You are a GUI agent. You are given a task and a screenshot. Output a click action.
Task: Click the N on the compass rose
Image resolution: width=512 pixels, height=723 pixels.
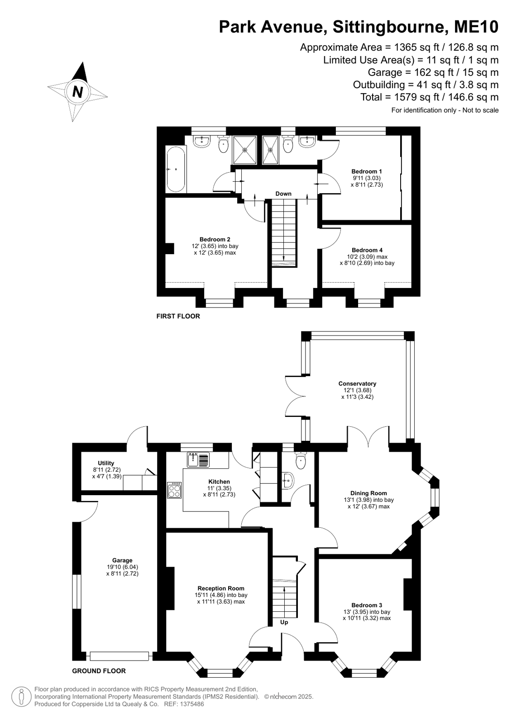[77, 92]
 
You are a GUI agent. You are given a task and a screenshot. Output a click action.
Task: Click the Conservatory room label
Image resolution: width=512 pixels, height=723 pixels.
[357, 383]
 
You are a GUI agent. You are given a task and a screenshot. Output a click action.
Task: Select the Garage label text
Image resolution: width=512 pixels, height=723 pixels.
[122, 560]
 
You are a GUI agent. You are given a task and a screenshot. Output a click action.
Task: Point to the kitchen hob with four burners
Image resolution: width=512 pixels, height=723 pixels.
[175, 490]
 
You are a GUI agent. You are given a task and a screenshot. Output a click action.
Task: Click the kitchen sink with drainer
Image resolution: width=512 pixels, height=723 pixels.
[198, 460]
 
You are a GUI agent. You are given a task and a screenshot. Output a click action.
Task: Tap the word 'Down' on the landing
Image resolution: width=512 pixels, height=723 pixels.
[283, 194]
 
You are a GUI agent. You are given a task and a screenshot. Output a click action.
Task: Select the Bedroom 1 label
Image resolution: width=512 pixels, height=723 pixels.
[367, 171]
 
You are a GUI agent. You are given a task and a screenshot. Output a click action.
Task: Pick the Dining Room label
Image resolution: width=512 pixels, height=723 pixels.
[368, 493]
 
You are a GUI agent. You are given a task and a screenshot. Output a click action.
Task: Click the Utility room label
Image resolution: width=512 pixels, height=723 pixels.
[106, 463]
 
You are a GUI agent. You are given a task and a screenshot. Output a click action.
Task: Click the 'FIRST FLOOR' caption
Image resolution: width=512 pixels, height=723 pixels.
[178, 317]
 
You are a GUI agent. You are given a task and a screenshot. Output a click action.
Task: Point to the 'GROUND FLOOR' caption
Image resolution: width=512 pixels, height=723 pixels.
[99, 668]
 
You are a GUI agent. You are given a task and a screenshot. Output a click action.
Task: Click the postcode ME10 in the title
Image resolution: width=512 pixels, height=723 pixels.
[476, 27]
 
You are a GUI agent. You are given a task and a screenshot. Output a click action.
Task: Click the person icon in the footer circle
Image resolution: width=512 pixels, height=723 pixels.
[22, 696]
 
